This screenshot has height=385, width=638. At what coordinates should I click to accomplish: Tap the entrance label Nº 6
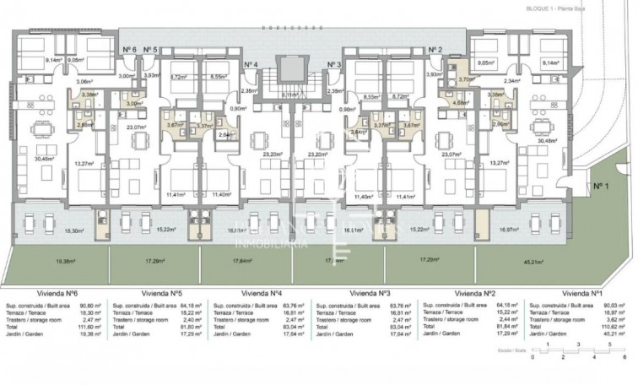[x=129, y=50]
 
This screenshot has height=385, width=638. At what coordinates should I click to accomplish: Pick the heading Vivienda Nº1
[x=581, y=292]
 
